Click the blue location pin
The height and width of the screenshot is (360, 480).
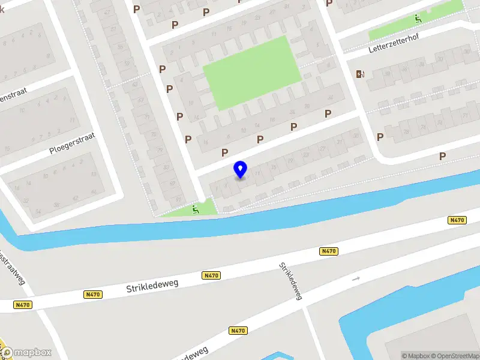[x=240, y=169]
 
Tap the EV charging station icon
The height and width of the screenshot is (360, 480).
[x=361, y=74]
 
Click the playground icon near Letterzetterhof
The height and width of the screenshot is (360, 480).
[x=418, y=19]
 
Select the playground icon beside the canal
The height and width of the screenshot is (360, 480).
[x=195, y=209]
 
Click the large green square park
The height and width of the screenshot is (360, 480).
[x=252, y=72]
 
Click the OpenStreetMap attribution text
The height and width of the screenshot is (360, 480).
[x=454, y=356]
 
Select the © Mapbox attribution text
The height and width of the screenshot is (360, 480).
[x=415, y=356]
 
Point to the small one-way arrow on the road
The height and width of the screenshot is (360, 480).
[x=356, y=278]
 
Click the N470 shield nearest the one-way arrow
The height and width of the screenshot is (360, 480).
[x=328, y=251]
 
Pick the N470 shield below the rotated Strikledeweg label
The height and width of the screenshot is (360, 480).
[x=238, y=330]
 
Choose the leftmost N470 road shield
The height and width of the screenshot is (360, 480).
[x=22, y=305]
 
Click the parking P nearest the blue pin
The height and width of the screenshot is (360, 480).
[x=225, y=152]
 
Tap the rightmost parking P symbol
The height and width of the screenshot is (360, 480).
[x=443, y=156]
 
